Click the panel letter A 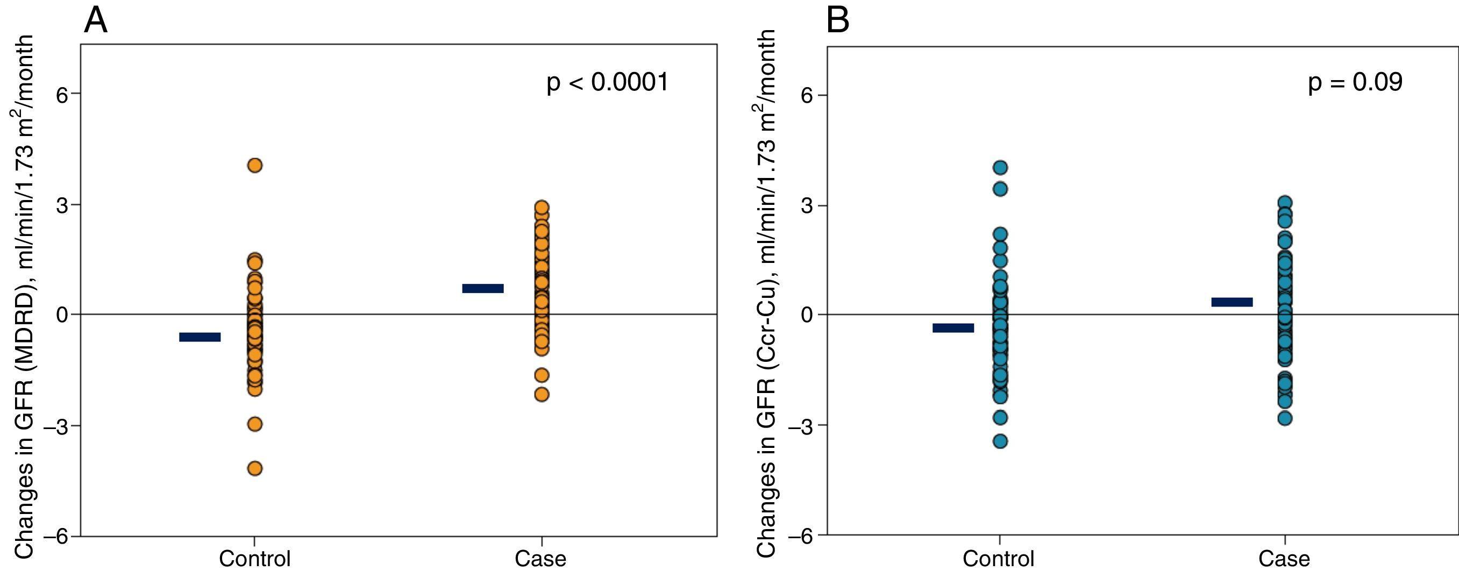[x=95, y=22]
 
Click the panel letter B [x=838, y=22]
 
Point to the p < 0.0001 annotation [x=607, y=82]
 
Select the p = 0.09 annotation [x=1355, y=82]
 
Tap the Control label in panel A [x=255, y=559]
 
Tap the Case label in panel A [x=540, y=559]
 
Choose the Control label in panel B [x=999, y=559]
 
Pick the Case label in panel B [x=1285, y=559]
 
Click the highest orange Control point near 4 [x=255, y=166]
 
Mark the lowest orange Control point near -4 [x=255, y=468]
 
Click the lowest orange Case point [x=542, y=394]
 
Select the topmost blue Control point [x=1000, y=168]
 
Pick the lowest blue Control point [x=1000, y=441]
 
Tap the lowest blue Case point [x=1285, y=419]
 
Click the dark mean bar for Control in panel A [x=200, y=337]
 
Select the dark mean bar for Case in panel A [x=483, y=288]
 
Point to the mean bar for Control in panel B [x=953, y=328]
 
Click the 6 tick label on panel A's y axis [x=61, y=94]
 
